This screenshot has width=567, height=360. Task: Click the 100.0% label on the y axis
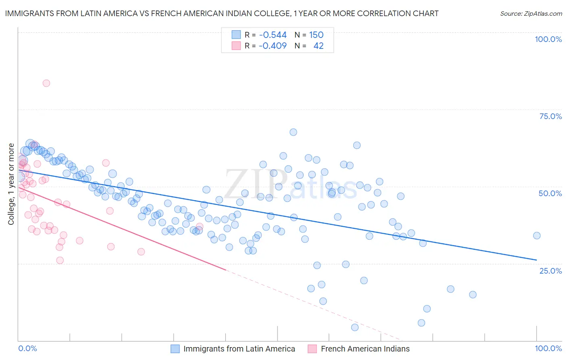tap(548, 39)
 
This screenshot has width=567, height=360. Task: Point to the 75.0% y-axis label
tap(550, 116)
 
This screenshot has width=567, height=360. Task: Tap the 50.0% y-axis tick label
tap(550, 193)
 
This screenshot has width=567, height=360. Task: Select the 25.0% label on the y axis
tap(550, 270)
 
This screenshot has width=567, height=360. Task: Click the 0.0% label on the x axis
tap(27, 348)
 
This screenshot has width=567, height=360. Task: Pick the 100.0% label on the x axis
tap(548, 348)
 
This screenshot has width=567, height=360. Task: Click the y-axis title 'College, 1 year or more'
tap(11, 184)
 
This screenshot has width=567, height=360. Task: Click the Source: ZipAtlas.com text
tap(531, 13)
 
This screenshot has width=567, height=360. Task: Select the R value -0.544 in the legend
tap(273, 35)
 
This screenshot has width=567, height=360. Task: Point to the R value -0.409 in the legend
tap(273, 46)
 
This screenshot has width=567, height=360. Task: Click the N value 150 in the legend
tap(316, 35)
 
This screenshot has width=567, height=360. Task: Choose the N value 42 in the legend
tap(318, 46)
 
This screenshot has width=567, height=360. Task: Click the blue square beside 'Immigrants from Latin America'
tap(175, 349)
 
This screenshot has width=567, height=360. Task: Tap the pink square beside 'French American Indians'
tap(312, 349)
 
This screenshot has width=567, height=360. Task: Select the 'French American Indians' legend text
tap(365, 349)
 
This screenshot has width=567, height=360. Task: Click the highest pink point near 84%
tap(46, 83)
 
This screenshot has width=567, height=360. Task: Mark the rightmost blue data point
tap(536, 236)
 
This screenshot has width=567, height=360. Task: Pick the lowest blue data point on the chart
tap(355, 327)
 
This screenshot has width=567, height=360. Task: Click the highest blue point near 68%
tap(293, 132)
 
